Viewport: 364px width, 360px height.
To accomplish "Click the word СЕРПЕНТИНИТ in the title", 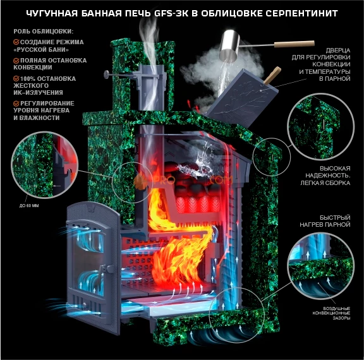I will [x=303, y=13].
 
